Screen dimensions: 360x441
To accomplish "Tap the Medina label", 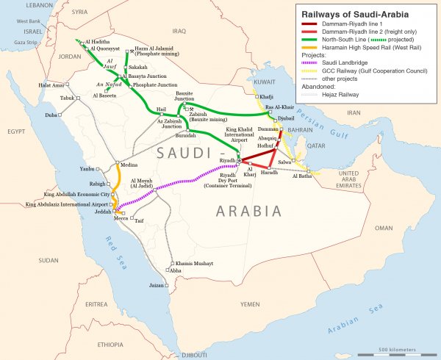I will (x=129, y=165).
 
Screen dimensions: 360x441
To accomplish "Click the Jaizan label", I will (x=157, y=284).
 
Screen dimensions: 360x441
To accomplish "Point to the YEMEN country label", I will (x=250, y=303).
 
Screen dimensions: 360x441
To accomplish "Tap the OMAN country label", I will (x=384, y=228).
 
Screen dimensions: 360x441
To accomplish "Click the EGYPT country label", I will (x=16, y=131).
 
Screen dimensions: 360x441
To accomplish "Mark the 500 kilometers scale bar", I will (x=401, y=352).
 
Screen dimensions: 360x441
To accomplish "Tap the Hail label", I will (x=162, y=109).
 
